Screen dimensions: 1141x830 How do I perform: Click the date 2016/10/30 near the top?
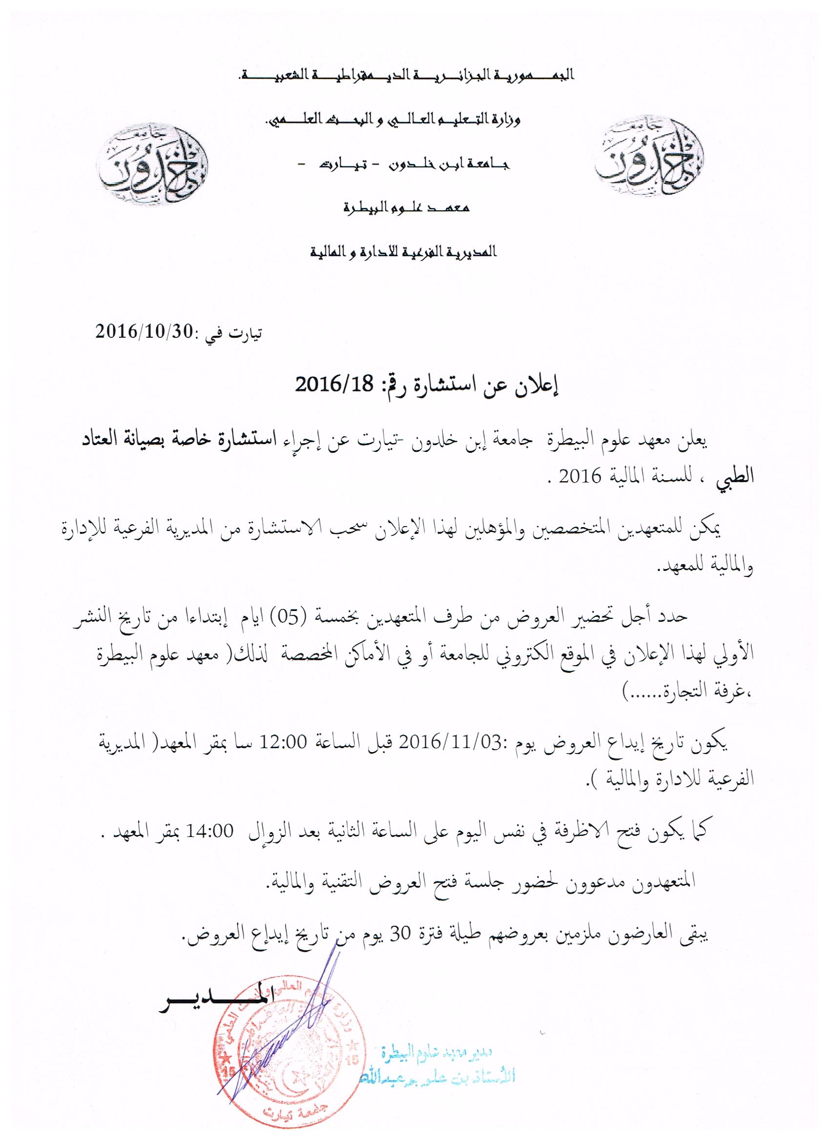pos(144,331)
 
